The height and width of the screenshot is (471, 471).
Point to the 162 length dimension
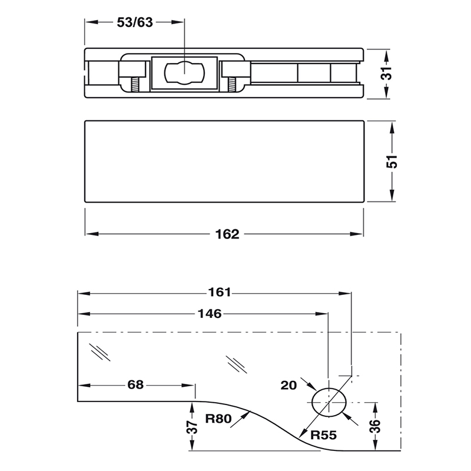pos(227,234)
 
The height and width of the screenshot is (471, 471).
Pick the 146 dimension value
pos(209,313)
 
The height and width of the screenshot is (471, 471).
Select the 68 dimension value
pos(135,386)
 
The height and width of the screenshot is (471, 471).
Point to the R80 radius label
pos(219,420)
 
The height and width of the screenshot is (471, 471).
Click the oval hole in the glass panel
pos(329,403)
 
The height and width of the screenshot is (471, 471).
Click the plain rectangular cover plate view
pos(224,161)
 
